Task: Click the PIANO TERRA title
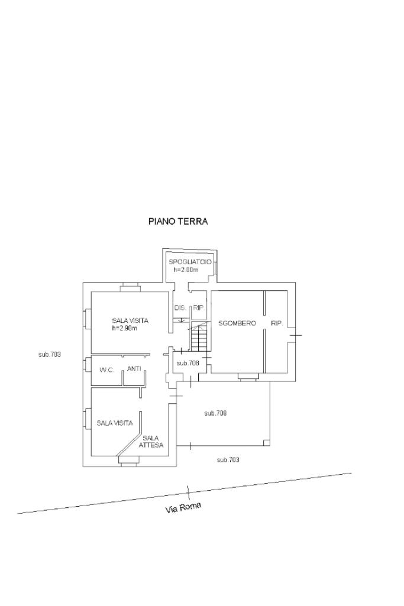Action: point(178,222)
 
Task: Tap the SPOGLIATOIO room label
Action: point(190,262)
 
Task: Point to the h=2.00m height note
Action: point(186,270)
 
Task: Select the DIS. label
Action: point(180,308)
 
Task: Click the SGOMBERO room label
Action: point(237,323)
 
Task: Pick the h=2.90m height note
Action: point(125,329)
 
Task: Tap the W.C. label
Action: point(106,370)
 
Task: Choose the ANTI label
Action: point(134,369)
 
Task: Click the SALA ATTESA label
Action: point(151,442)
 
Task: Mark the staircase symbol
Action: point(199,336)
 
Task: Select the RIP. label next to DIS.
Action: point(198,308)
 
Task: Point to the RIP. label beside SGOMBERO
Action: point(277,323)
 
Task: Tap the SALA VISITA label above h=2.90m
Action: point(130,321)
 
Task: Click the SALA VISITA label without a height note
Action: point(115,423)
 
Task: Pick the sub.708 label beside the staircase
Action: point(188,363)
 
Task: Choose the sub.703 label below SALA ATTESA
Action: point(228,459)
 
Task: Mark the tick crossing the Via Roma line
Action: point(188,492)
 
